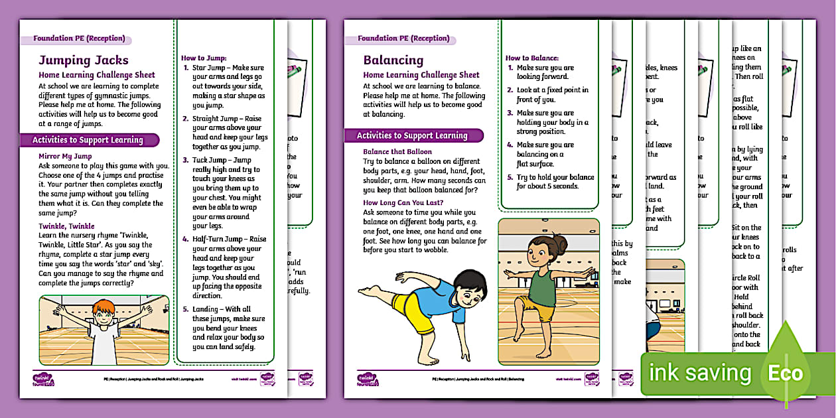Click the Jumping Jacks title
coord(84,60)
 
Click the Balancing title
coord(393,60)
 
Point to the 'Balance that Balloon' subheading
coord(397,151)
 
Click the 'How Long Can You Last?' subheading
coord(403,202)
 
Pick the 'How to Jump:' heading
coord(204,58)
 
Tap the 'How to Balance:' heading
coord(532,58)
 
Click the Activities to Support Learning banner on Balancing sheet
coord(411,135)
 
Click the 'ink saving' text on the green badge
coord(699,373)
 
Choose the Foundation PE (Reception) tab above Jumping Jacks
coord(79,38)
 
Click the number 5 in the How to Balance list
coord(510,177)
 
